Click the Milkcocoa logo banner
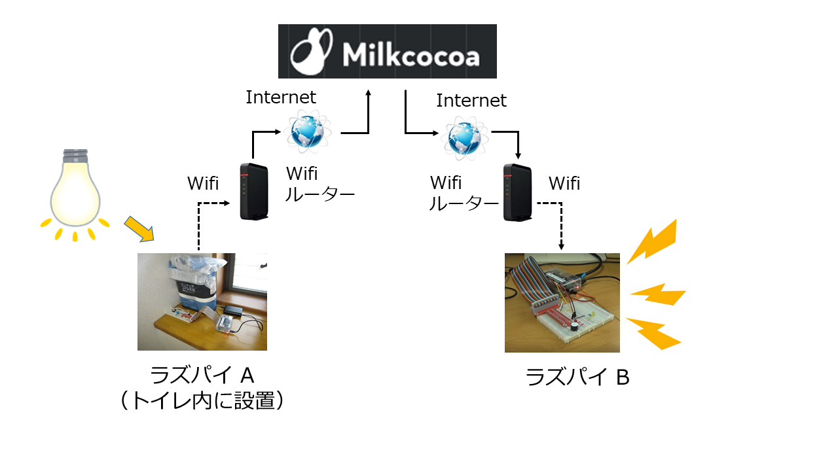point(387,51)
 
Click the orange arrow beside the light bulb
point(139,228)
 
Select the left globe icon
point(308,132)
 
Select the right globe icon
point(465,138)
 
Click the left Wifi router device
point(254,192)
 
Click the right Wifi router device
point(518,192)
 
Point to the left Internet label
point(281,97)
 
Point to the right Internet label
point(471,100)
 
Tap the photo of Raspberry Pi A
point(202,302)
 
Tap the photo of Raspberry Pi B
point(562,303)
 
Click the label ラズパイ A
point(202,375)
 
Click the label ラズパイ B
point(577,377)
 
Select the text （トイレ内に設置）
point(202,400)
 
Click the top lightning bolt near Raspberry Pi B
point(653,241)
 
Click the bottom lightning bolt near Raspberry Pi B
point(653,334)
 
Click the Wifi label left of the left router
point(203,183)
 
